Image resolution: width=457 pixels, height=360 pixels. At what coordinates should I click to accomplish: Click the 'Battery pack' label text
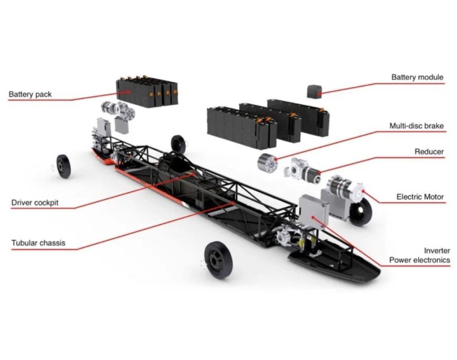tap(30, 94)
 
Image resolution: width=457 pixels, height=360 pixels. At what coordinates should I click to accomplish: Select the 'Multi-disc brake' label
tap(416, 126)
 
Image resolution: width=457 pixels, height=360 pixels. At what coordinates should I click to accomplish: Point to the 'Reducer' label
tap(429, 152)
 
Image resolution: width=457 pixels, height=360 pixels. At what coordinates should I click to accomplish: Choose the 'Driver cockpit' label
tap(35, 202)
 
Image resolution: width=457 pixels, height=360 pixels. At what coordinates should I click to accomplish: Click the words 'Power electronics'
tap(420, 260)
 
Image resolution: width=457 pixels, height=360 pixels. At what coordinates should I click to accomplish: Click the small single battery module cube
tap(314, 91)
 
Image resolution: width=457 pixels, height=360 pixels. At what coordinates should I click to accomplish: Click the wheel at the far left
tap(63, 166)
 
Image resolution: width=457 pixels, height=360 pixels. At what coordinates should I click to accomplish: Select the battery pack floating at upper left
tap(146, 92)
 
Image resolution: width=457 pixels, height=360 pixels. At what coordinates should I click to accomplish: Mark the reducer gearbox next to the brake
tap(301, 169)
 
